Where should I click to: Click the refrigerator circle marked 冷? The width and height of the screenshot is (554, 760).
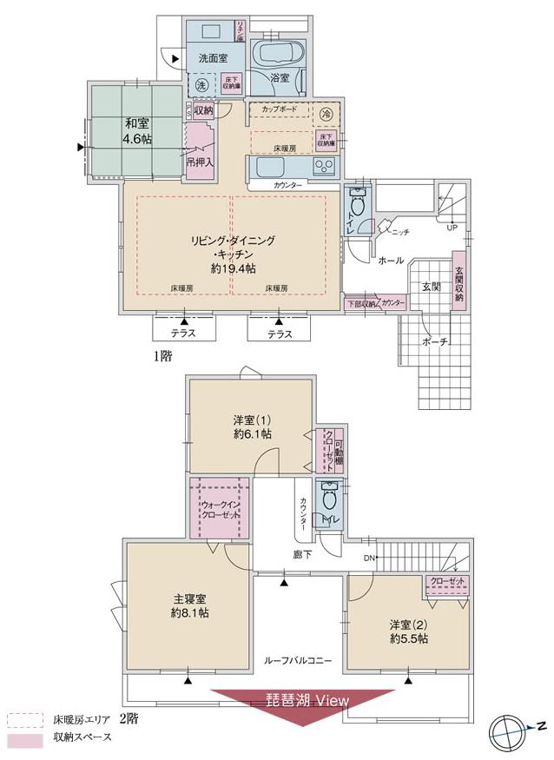click(326, 113)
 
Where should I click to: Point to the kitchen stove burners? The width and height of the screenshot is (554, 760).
click(326, 167)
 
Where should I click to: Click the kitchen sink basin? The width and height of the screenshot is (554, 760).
click(268, 166)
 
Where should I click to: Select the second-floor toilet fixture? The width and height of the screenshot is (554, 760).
click(328, 500)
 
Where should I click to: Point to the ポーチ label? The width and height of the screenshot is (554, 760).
click(433, 341)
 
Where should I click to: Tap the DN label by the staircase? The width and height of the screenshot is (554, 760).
click(368, 558)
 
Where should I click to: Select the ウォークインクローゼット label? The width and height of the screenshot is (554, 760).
click(221, 509)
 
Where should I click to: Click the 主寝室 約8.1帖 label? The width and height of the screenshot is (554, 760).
click(188, 605)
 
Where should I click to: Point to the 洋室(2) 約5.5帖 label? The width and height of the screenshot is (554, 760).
click(408, 631)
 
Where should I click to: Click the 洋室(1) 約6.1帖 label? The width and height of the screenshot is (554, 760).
click(252, 426)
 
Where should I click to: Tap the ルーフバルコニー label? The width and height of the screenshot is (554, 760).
click(298, 661)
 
